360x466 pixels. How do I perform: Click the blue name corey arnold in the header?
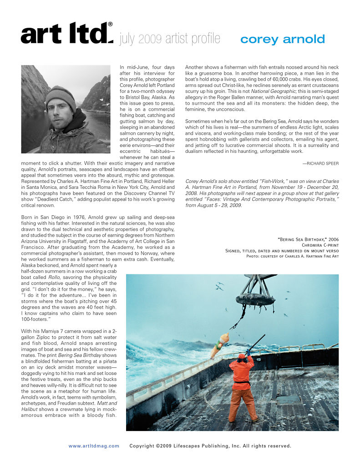pyautogui.click(x=282, y=39)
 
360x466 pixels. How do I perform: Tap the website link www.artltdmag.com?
pyautogui.click(x=94, y=446)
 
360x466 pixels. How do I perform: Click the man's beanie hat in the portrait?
pyautogui.click(x=61, y=96)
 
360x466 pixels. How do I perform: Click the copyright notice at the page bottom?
pyautogui.click(x=210, y=446)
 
